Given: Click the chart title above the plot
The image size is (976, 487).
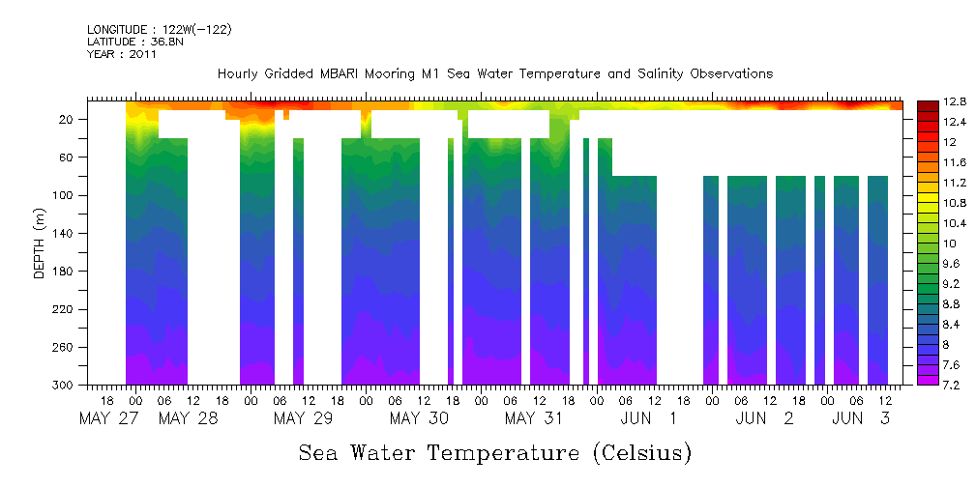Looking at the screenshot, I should [x=494, y=74].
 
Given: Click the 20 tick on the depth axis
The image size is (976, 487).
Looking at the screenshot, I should [x=68, y=119].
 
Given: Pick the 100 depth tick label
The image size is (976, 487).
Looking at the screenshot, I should [x=65, y=195].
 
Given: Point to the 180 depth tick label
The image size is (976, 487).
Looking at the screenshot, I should [x=65, y=272].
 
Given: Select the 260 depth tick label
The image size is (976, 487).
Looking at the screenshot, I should [x=65, y=347].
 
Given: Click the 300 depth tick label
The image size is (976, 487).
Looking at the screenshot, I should [x=65, y=386].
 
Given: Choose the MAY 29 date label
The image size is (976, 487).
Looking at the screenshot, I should [x=304, y=418].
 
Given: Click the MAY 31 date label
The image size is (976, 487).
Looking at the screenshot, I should [x=534, y=418].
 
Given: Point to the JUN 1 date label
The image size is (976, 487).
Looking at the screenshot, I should [x=649, y=418].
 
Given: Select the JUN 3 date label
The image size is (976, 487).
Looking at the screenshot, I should [x=863, y=418].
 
